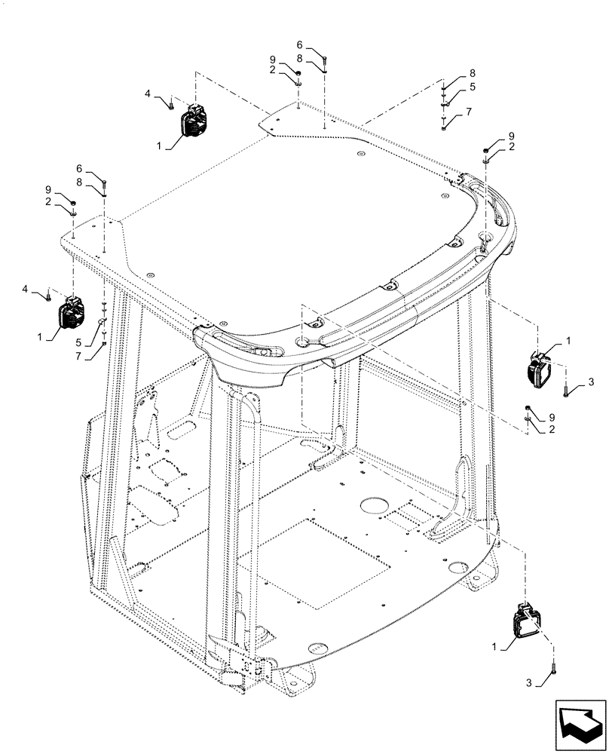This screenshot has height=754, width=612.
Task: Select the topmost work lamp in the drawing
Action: (x=194, y=122)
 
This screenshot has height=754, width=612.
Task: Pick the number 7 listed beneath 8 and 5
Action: (x=469, y=111)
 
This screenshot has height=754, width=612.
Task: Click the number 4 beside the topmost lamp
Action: (x=148, y=93)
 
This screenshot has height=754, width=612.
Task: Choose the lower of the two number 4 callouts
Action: (x=26, y=288)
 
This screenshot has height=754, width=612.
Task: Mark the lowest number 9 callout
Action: (x=550, y=417)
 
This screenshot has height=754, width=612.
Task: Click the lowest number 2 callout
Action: (x=551, y=429)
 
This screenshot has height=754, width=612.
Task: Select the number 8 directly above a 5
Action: (x=473, y=72)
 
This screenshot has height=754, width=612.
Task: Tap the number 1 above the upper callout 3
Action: (x=568, y=341)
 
